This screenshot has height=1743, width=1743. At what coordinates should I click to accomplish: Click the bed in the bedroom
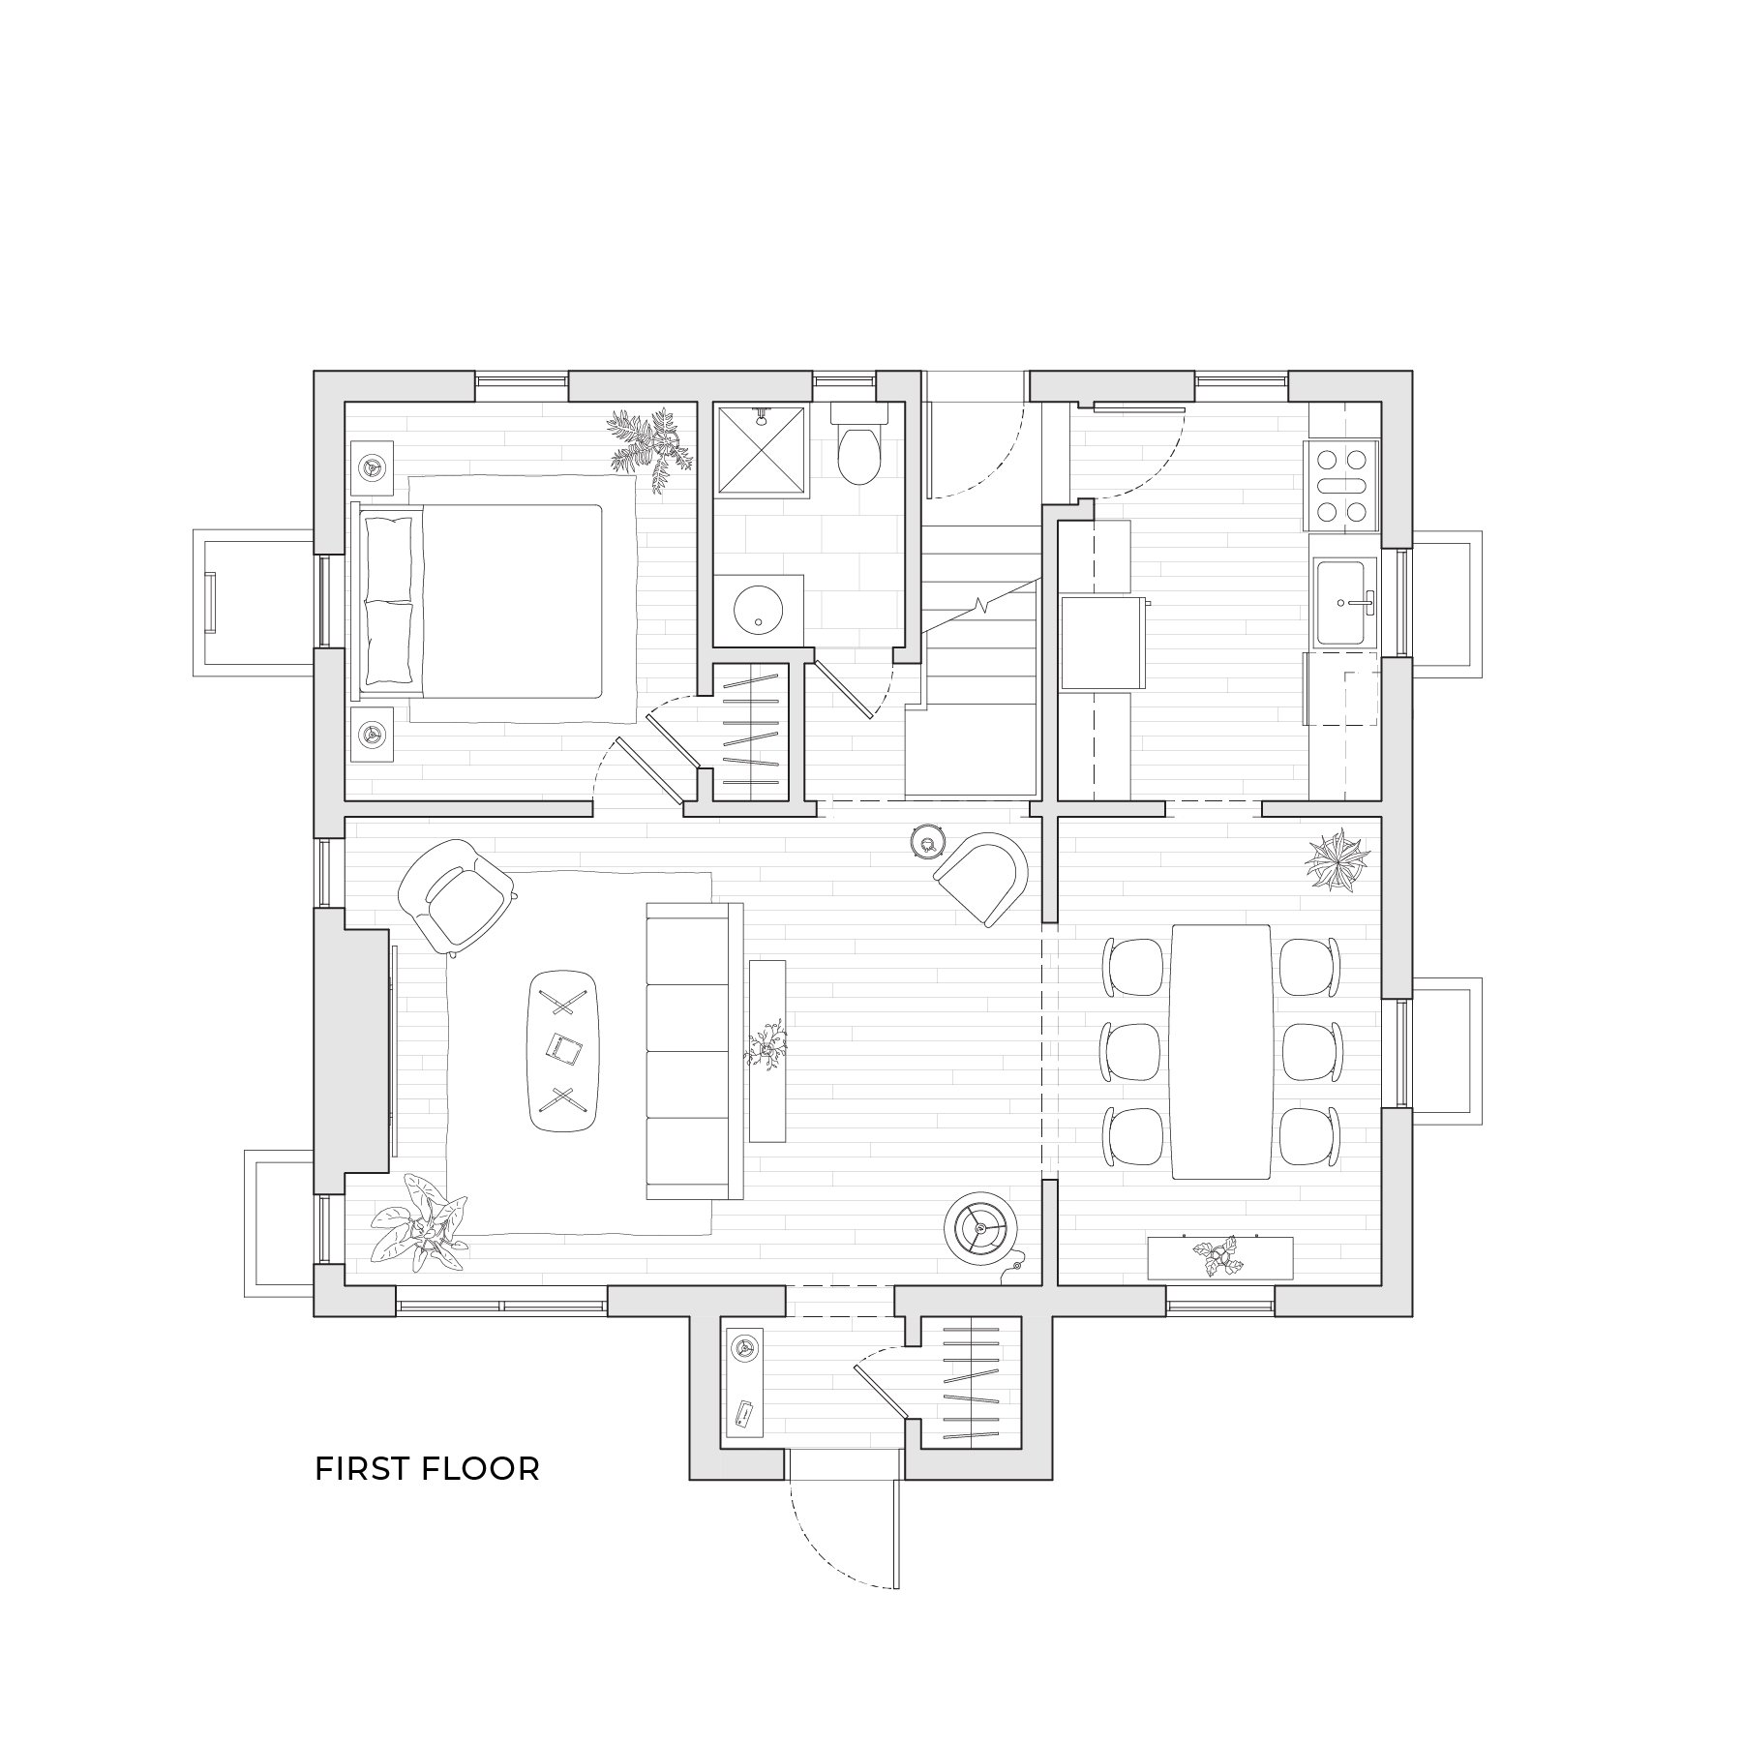click(x=494, y=601)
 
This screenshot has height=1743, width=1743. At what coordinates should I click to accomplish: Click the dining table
click(x=1220, y=1051)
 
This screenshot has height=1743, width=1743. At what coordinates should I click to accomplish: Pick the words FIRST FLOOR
click(x=427, y=1468)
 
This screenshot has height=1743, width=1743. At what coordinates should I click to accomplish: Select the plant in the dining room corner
click(x=1337, y=859)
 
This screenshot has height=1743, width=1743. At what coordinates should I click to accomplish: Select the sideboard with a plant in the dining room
click(x=1219, y=1257)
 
